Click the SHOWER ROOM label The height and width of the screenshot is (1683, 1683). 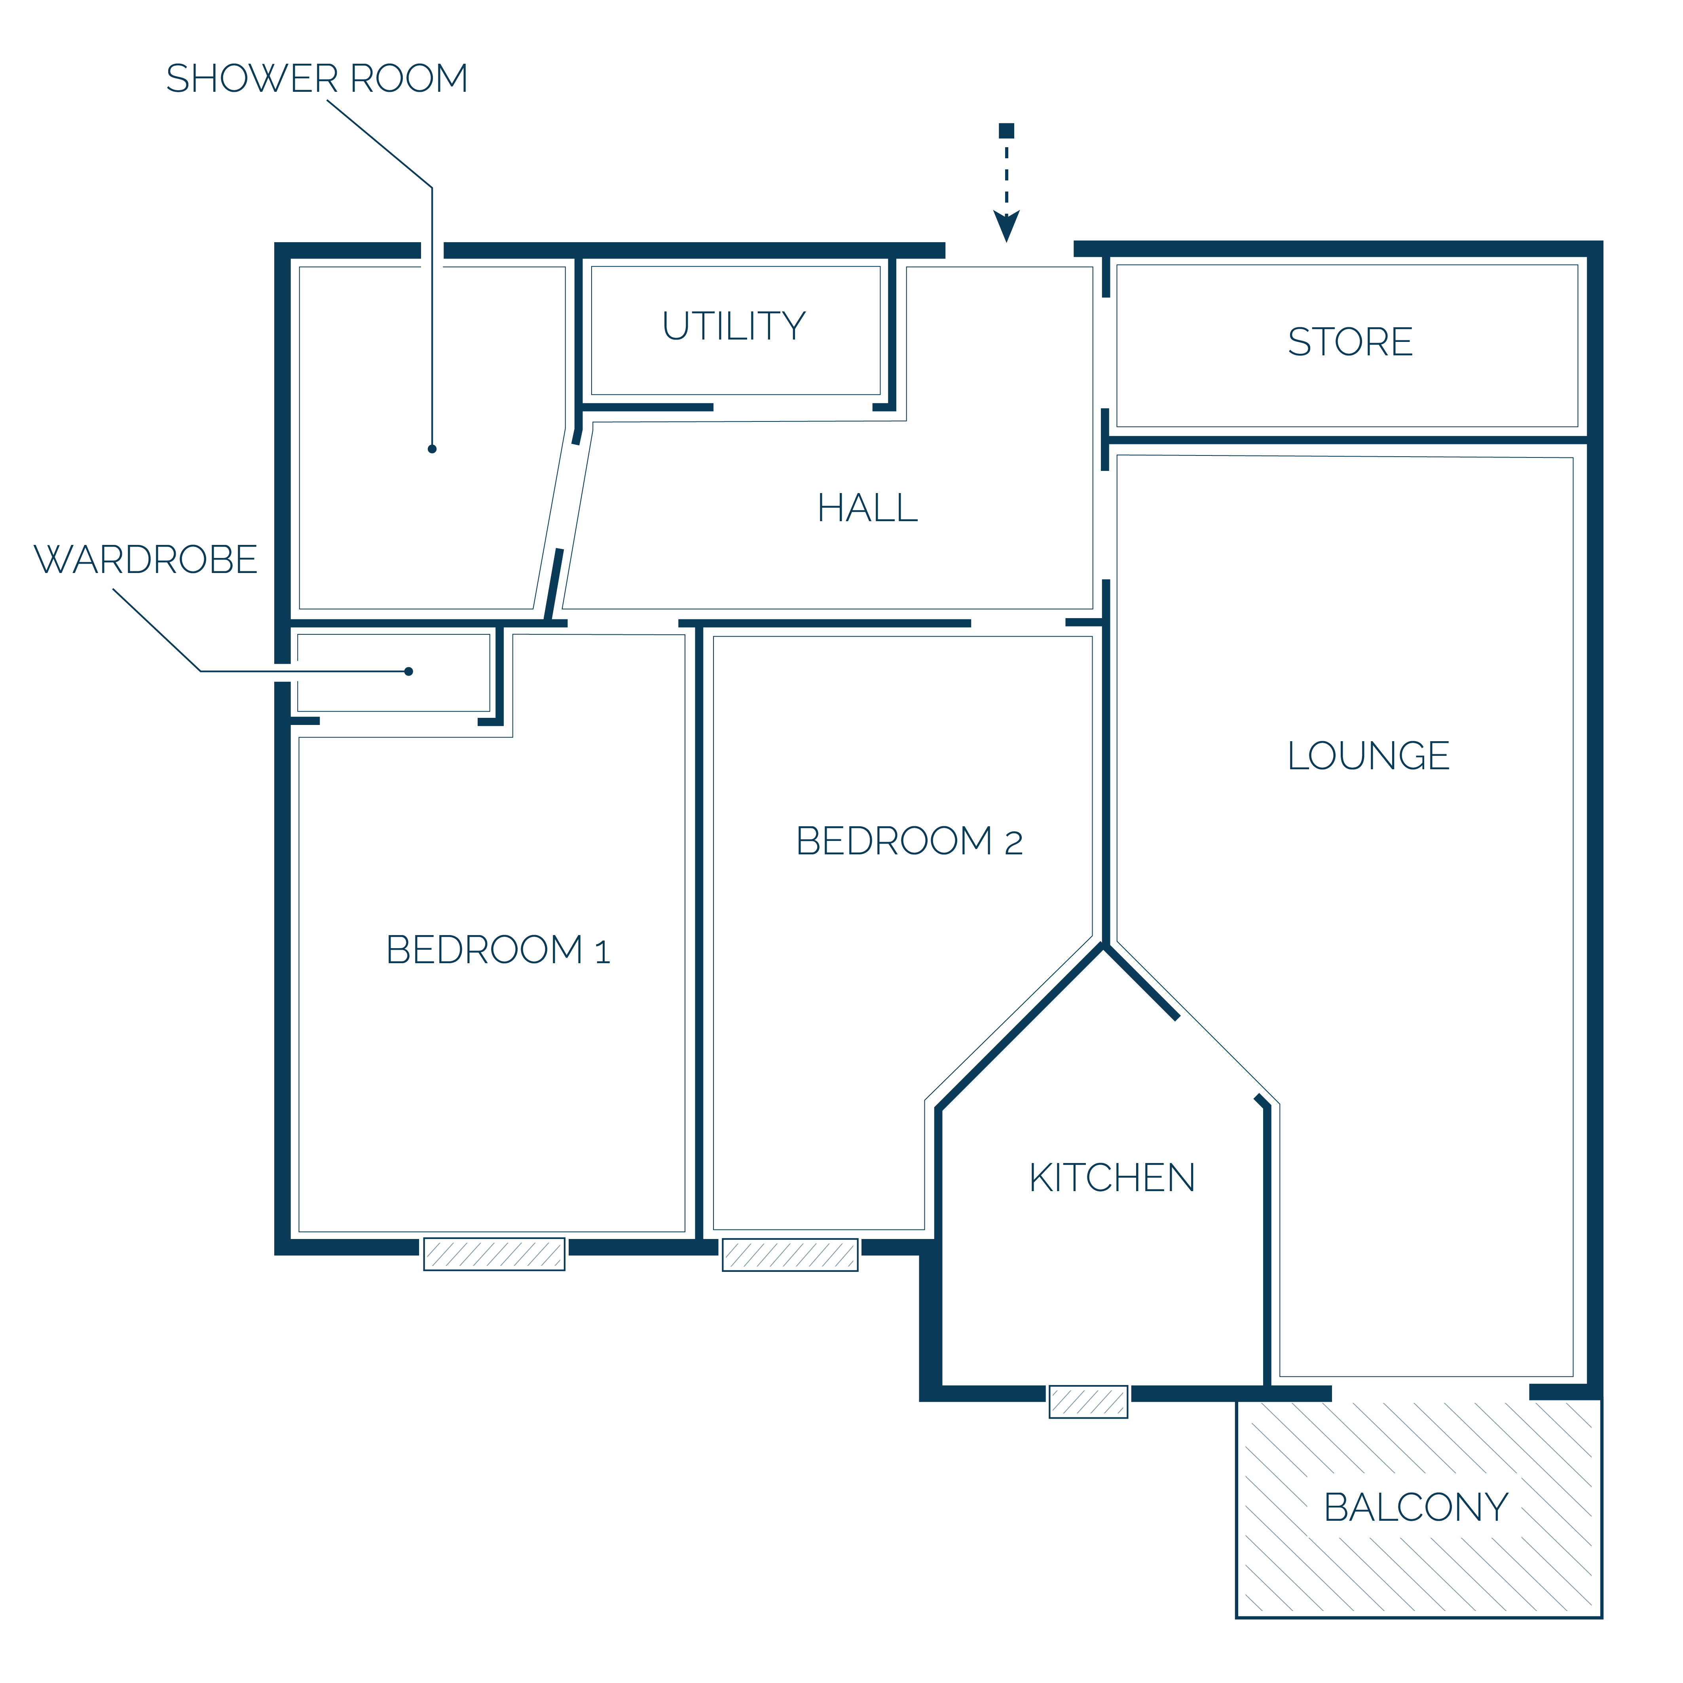(317, 78)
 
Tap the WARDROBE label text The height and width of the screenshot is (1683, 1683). (146, 559)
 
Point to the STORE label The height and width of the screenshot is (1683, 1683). (1350, 342)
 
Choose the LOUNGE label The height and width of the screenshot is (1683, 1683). (1368, 755)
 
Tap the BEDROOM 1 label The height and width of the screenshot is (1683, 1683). (498, 949)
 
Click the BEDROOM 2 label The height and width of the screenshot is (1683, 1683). (909, 841)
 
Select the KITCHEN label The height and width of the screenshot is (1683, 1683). (1112, 1178)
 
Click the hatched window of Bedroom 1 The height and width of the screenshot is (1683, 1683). (494, 1254)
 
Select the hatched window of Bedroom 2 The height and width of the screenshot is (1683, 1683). (790, 1254)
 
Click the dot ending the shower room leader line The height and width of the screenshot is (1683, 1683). (432, 449)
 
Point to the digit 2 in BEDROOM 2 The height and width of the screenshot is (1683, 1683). (1013, 843)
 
